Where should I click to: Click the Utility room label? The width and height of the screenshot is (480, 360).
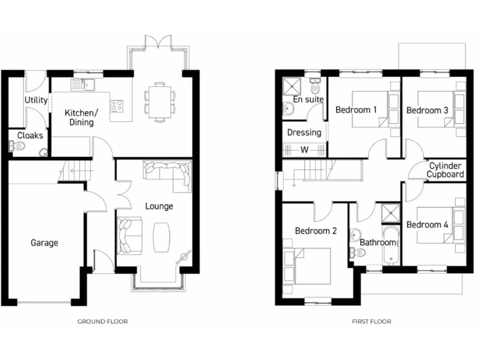36,101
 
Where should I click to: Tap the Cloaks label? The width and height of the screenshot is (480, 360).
30,135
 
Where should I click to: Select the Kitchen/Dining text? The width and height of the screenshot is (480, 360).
81,117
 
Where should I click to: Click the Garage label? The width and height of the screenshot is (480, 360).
44,242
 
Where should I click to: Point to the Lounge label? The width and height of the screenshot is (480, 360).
159,206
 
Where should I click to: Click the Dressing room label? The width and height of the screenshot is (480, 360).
304,132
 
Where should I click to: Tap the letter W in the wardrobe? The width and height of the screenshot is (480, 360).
304,150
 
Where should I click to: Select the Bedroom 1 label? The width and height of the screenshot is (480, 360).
356,110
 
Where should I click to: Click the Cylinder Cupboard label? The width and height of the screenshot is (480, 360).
446,170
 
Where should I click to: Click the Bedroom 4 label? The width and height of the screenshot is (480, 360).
427,224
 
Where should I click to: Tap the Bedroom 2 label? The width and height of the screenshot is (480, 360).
316,231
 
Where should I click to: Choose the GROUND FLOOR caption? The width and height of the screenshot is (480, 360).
102,321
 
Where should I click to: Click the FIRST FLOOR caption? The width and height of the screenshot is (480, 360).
371,321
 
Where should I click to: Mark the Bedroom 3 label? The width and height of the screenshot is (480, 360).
427,110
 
